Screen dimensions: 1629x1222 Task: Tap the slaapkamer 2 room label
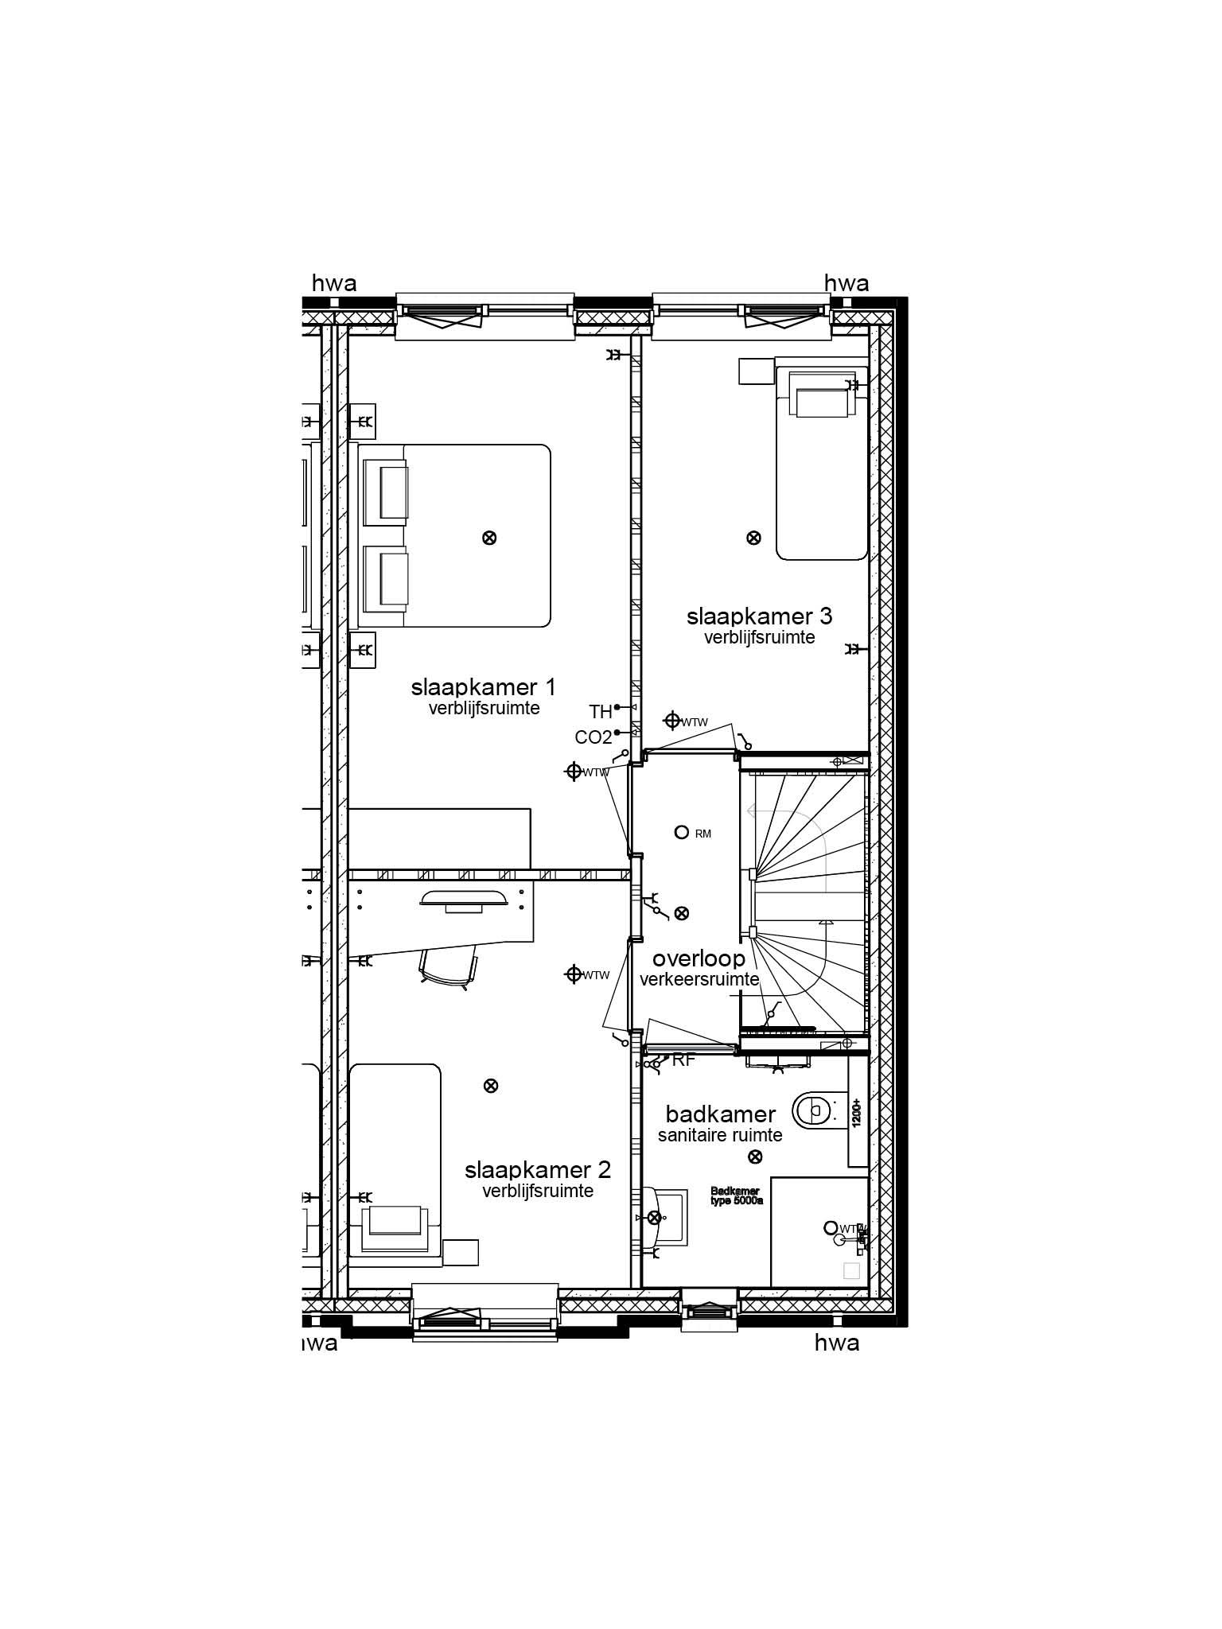[538, 1170]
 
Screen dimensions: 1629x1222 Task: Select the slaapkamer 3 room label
[759, 616]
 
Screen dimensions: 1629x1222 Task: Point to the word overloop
[699, 959]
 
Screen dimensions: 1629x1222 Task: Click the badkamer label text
[720, 1114]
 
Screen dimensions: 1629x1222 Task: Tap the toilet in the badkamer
[812, 1107]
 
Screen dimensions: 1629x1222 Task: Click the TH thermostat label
[600, 711]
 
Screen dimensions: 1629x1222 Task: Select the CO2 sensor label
[593, 737]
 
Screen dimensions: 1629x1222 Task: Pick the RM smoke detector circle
[681, 833]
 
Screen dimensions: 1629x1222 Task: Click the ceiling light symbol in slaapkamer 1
[490, 538]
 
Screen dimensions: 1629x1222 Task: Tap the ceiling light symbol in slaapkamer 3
[753, 538]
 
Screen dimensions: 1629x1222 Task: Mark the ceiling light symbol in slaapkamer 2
[491, 1085]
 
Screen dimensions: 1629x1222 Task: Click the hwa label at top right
[846, 283]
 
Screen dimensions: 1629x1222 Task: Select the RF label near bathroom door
[684, 1060]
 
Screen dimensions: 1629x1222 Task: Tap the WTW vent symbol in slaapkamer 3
[672, 721]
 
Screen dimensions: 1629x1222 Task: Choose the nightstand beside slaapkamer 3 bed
[756, 371]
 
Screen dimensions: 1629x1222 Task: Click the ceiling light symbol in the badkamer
[756, 1157]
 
